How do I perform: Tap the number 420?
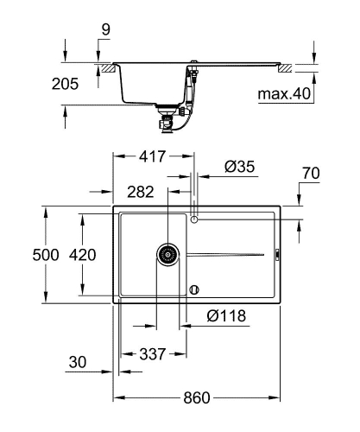[x=83, y=255]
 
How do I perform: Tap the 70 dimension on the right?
[x=312, y=174]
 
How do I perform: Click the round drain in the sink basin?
[x=167, y=254]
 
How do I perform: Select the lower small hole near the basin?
[x=195, y=289]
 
